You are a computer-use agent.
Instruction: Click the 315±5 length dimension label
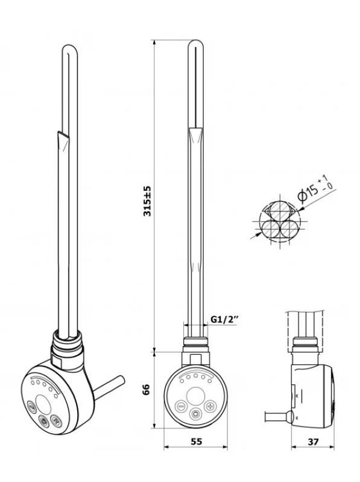147,201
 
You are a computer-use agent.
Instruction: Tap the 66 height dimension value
147,390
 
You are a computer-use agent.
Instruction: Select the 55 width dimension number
197,442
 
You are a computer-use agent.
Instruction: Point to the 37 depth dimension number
313,442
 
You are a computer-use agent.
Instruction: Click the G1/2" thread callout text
224,320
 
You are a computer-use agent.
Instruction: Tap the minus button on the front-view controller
181,406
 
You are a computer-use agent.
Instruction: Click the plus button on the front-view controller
210,406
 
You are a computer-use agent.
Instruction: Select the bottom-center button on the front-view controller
195,415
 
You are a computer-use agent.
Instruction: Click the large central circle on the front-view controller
195,396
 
